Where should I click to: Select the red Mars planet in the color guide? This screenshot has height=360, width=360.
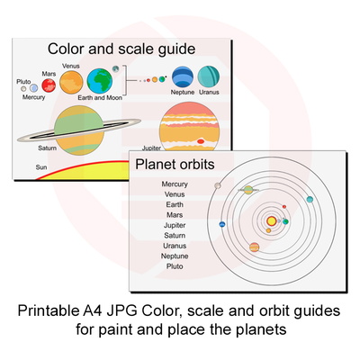point(49,85)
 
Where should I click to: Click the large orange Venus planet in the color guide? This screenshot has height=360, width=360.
point(72,82)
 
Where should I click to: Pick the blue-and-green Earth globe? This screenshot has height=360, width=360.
point(101,83)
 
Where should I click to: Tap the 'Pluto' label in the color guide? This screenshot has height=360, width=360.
point(23,81)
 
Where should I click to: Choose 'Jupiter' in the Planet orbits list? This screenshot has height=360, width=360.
point(175,225)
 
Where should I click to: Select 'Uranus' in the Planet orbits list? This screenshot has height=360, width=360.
point(175,246)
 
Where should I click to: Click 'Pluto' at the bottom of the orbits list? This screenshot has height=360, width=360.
point(175,266)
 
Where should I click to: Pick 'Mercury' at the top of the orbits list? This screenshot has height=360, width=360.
point(175,184)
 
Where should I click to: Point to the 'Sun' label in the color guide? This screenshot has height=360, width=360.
point(40,167)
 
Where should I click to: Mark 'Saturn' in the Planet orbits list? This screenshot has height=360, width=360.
point(175,236)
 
